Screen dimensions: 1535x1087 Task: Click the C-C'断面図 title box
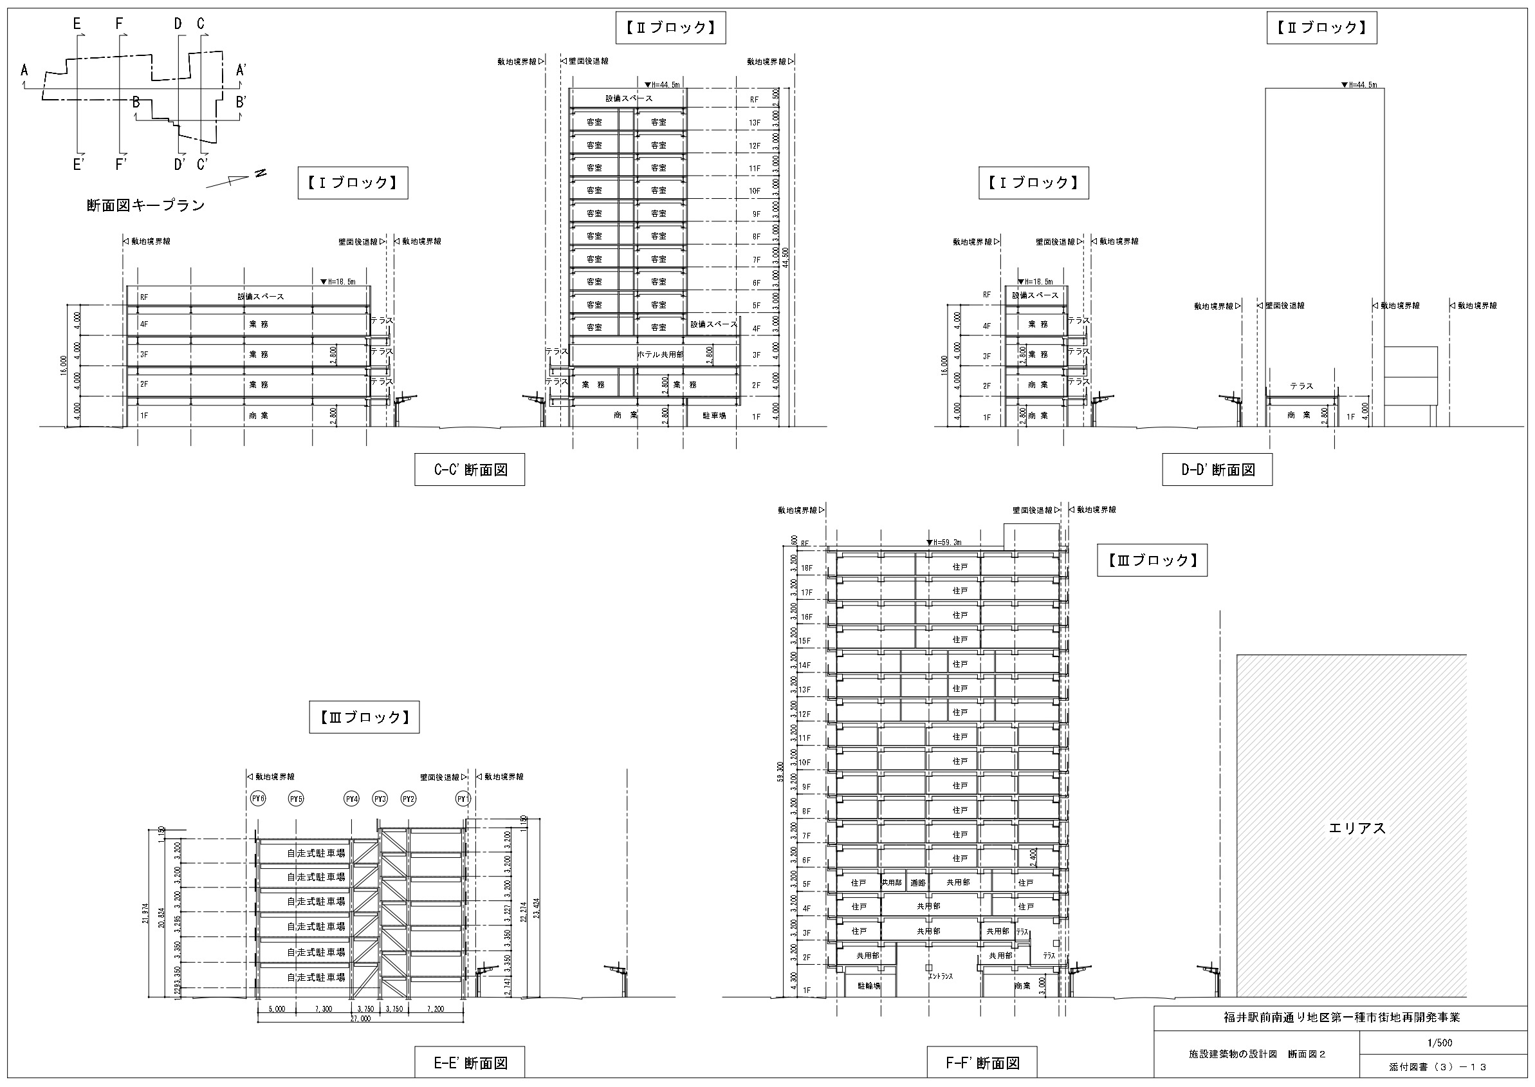tap(469, 470)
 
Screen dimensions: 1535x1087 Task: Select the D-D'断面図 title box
tap(1217, 470)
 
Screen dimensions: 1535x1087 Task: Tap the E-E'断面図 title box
tap(469, 1063)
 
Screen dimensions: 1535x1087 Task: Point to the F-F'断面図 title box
tap(982, 1063)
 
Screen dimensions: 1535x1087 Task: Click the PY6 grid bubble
tap(257, 799)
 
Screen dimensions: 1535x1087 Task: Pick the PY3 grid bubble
tap(380, 799)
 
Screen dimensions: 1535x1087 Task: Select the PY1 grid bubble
tap(463, 799)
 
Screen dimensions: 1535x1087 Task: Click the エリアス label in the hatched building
tap(1357, 828)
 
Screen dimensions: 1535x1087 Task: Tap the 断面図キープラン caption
tap(146, 205)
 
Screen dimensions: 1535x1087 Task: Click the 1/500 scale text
tap(1439, 1043)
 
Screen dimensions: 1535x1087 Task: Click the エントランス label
tap(940, 976)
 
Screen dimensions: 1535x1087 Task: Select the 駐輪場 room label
tap(868, 986)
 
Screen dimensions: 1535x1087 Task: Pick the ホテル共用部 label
tap(660, 354)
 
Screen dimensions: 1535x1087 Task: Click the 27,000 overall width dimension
tap(360, 1019)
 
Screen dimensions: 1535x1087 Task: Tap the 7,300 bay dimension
tap(323, 1008)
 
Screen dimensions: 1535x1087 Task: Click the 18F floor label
tap(806, 568)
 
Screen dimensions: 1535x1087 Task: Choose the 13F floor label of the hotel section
tap(754, 122)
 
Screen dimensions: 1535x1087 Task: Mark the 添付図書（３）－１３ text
tap(1437, 1067)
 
